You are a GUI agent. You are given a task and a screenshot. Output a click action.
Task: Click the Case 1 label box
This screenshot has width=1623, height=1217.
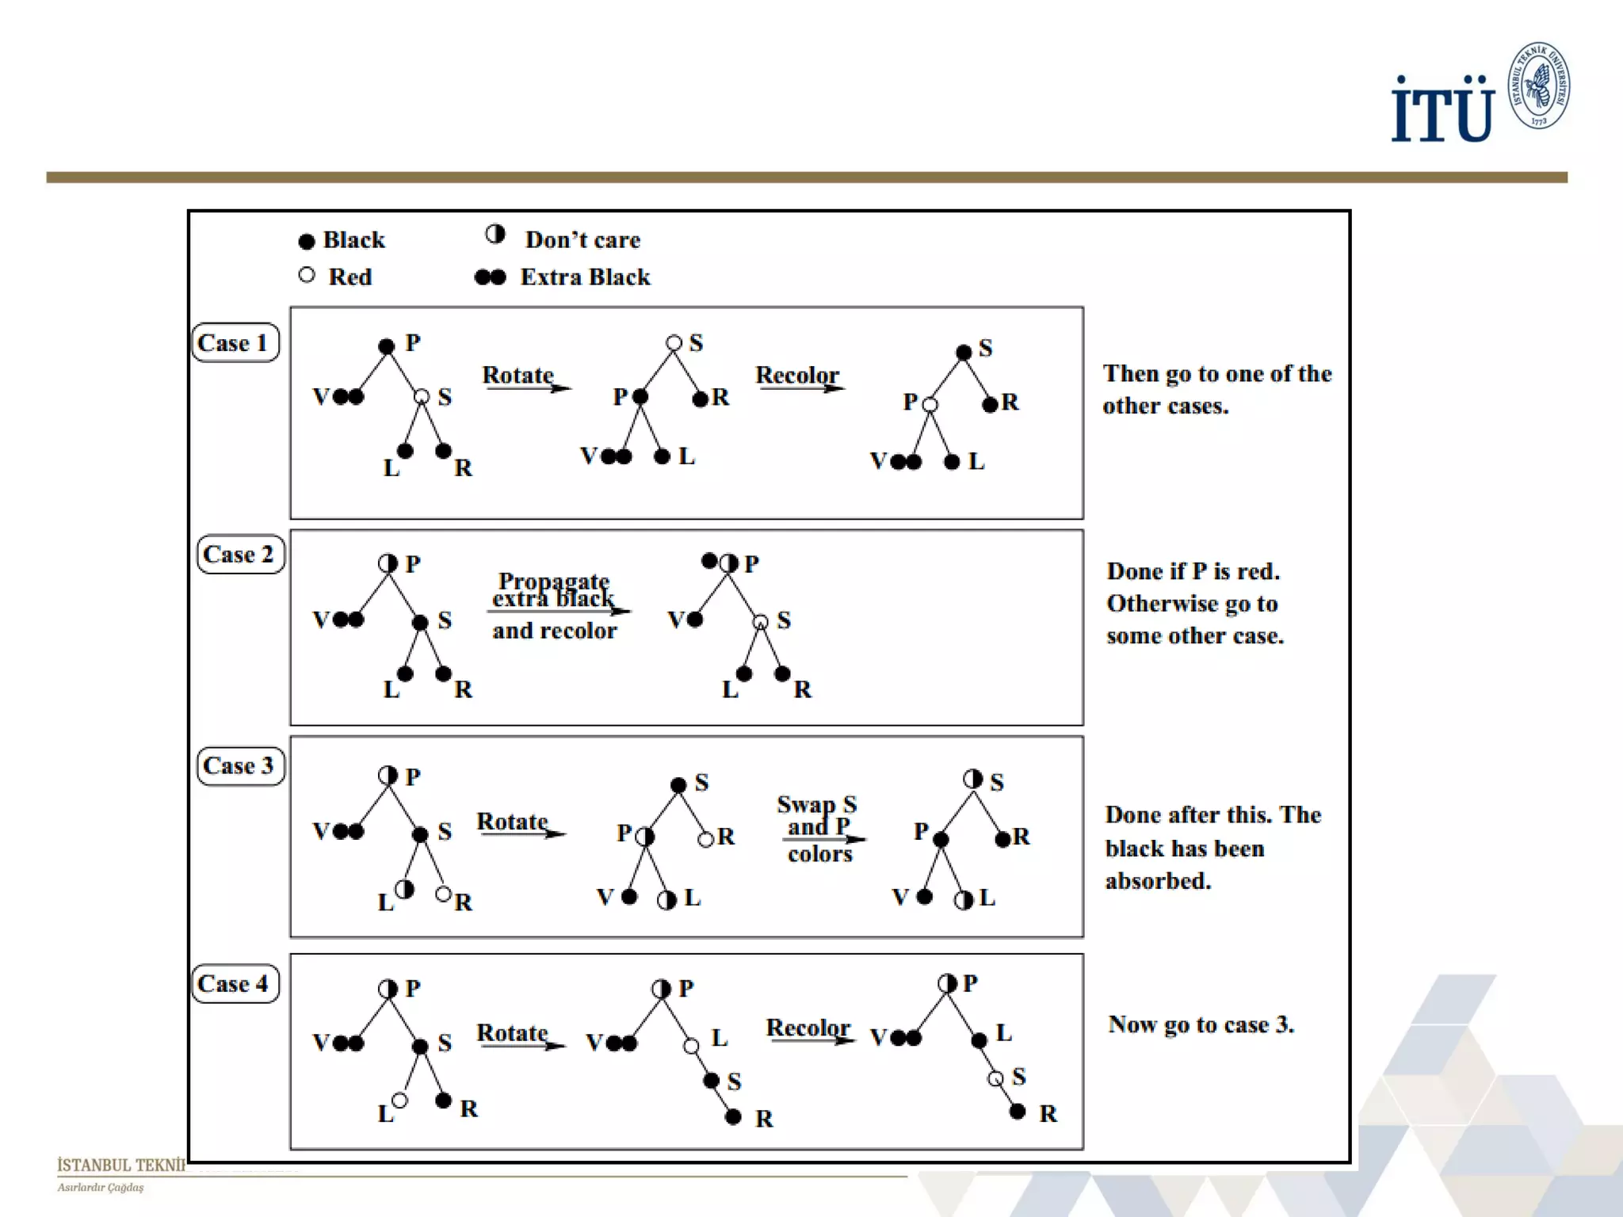[x=235, y=343]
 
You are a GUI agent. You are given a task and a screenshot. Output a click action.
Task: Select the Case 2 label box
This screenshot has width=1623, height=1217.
[x=239, y=555]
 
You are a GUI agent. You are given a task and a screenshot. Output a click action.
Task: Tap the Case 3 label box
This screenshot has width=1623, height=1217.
[x=239, y=766]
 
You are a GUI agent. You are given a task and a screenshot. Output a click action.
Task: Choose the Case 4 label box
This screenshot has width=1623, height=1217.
[x=235, y=984]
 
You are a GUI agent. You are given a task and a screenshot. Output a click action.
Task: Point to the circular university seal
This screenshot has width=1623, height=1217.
[x=1538, y=86]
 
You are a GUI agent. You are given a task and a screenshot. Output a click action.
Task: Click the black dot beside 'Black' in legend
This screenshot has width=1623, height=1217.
[x=307, y=241]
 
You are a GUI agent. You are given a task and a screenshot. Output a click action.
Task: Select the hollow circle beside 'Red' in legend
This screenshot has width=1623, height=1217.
[x=307, y=276]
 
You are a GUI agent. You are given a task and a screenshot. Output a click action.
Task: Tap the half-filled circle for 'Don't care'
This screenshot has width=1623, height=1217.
[x=495, y=235]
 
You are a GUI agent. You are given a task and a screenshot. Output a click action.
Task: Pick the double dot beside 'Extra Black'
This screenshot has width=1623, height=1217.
[x=490, y=277]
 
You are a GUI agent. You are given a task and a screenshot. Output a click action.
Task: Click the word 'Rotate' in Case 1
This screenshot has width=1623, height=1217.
[x=517, y=375]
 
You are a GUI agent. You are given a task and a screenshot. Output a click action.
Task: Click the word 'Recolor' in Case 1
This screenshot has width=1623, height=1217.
[x=796, y=375]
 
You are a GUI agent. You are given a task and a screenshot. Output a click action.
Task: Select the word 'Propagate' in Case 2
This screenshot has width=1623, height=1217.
[x=553, y=581]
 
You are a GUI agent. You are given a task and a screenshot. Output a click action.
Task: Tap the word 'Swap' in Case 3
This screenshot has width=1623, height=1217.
[x=806, y=804]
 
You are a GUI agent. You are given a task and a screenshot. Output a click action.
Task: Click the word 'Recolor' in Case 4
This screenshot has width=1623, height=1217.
[x=808, y=1028]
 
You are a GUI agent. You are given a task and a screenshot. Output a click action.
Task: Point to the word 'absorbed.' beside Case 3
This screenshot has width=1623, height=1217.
[x=1158, y=881]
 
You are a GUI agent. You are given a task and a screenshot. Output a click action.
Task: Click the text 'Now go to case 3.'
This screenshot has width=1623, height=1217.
[x=1201, y=1024]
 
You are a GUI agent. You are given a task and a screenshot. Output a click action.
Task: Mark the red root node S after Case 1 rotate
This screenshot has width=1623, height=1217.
[x=674, y=343]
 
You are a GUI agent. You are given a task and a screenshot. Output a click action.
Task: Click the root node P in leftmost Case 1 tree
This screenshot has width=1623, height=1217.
[x=387, y=346]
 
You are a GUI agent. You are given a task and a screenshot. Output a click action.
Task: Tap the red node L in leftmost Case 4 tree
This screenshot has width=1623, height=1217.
[x=399, y=1101]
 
